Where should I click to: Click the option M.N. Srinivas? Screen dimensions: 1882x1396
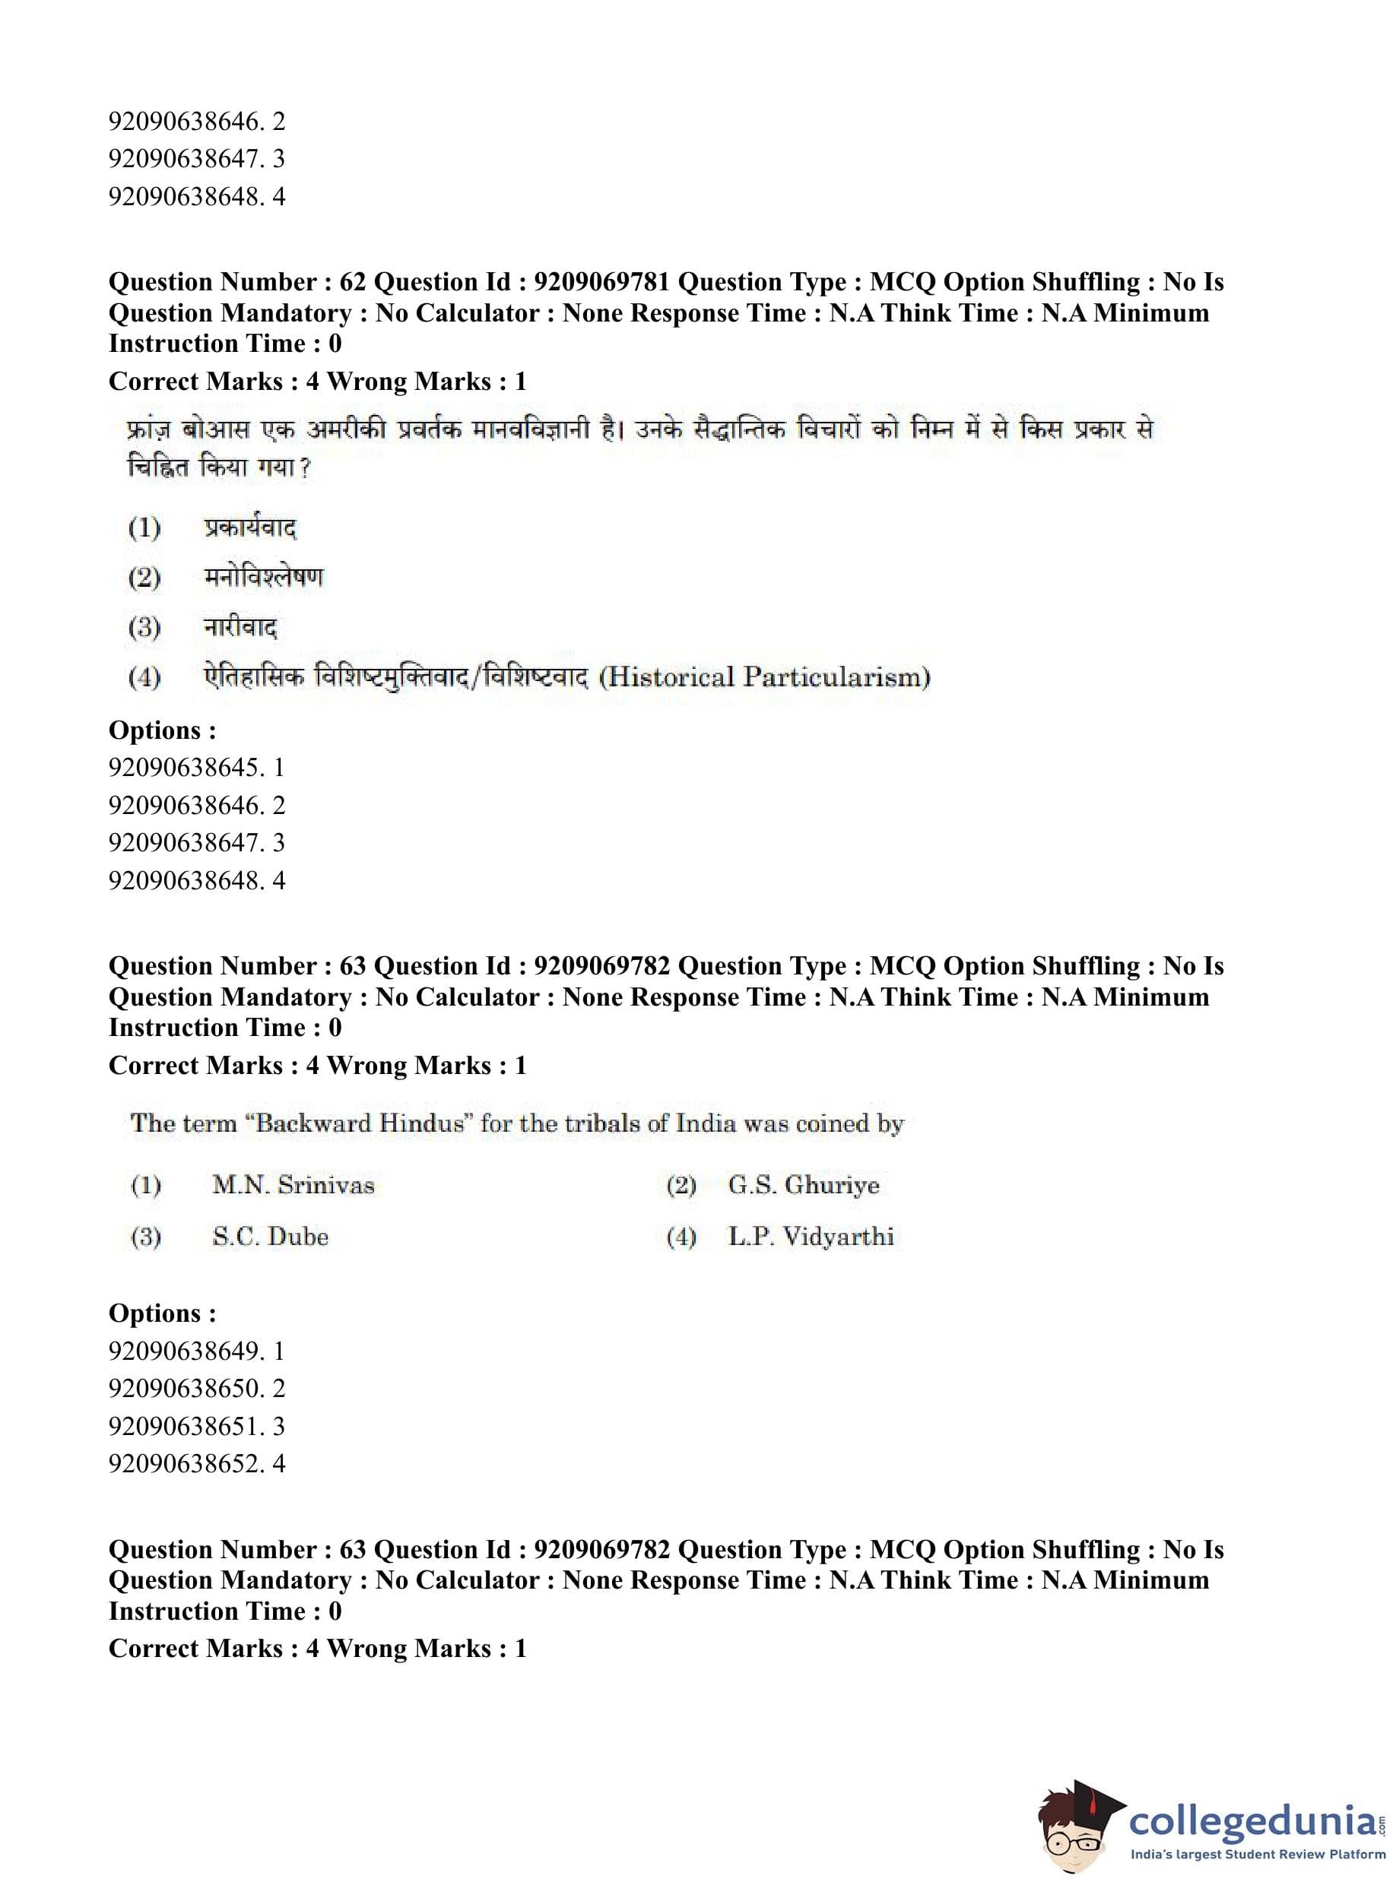coord(293,1184)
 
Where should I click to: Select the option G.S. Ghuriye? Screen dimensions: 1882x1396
coord(803,1184)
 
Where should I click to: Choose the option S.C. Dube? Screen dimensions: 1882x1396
coord(270,1237)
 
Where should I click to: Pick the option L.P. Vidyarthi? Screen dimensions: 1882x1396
coord(811,1237)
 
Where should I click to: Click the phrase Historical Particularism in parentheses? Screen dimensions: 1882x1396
coord(764,676)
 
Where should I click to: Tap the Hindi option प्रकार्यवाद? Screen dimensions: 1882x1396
coord(249,528)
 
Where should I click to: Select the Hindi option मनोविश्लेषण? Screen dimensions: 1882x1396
coord(263,577)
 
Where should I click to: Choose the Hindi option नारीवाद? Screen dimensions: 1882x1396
coord(240,627)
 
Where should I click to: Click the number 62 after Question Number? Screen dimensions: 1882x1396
coord(352,282)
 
